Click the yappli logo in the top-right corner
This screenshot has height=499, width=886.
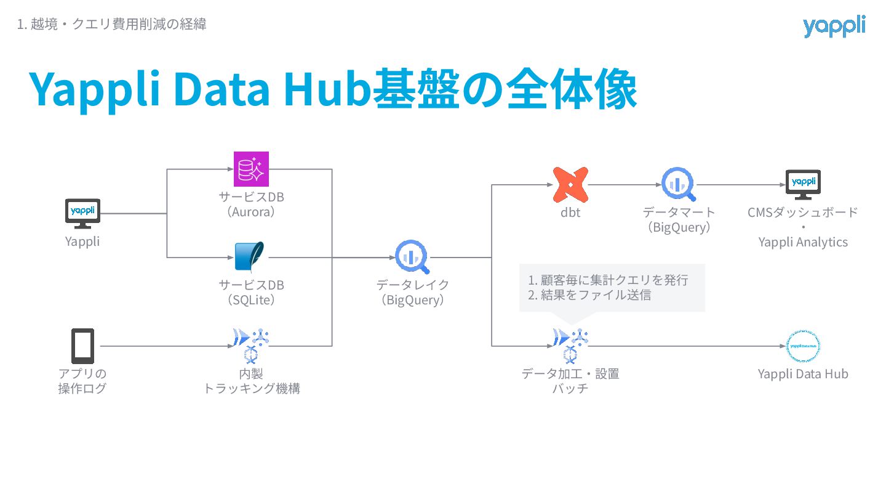click(x=834, y=26)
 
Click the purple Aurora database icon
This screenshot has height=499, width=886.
click(x=251, y=169)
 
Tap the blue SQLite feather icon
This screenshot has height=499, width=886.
click(x=250, y=257)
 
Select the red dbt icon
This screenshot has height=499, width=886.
click(x=570, y=184)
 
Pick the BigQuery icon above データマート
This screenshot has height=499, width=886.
click(x=679, y=184)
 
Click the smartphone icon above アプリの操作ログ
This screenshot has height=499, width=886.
click(x=82, y=346)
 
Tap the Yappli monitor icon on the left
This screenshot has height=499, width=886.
click(x=82, y=213)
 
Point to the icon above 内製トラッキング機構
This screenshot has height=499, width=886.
click(x=252, y=344)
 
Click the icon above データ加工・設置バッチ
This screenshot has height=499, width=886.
click(x=570, y=344)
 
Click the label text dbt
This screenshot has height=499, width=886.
click(x=570, y=213)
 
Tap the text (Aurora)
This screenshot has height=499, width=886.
click(x=251, y=212)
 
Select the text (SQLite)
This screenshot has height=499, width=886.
click(x=251, y=301)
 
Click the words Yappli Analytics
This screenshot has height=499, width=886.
click(x=803, y=242)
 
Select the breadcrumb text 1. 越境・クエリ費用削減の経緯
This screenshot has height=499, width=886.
click(x=111, y=25)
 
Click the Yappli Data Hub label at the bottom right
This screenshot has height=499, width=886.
click(x=803, y=374)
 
